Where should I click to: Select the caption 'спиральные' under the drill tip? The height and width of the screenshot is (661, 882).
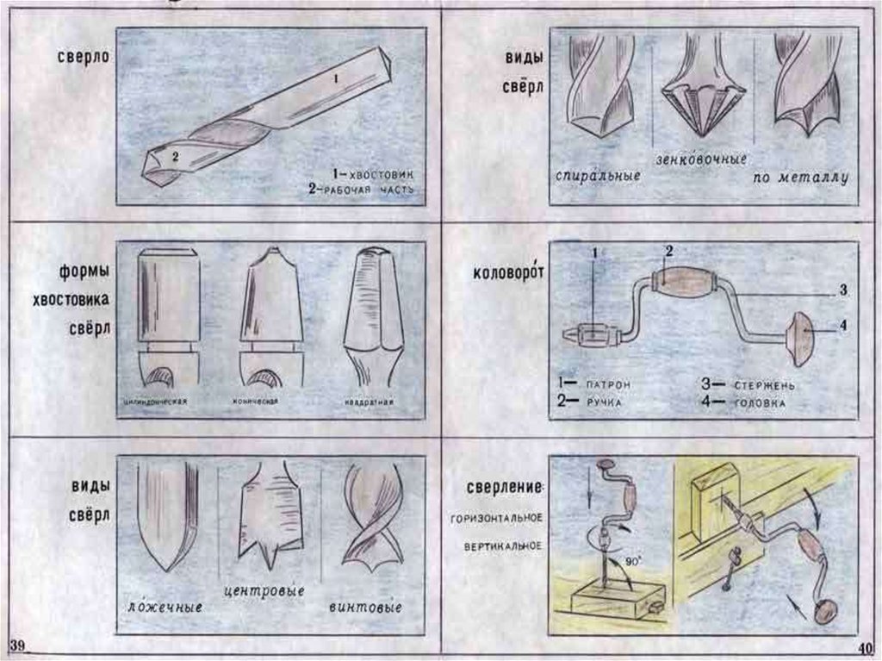point(597,175)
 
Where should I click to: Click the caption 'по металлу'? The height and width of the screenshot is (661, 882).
point(800,178)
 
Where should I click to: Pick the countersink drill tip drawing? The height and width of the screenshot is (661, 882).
point(704,90)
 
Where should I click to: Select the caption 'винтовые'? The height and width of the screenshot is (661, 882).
point(366,608)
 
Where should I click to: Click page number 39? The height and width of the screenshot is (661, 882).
point(18,646)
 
